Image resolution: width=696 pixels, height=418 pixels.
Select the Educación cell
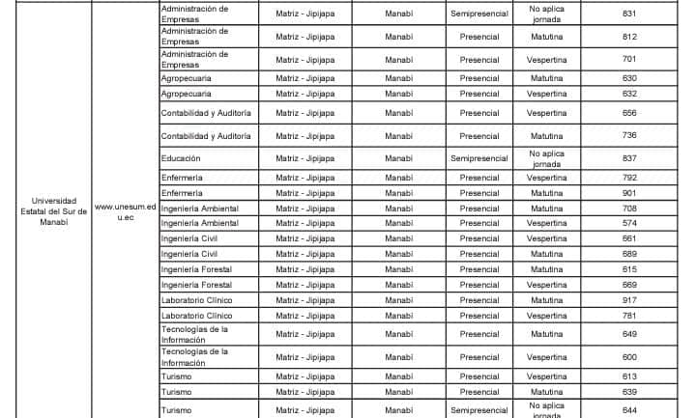[182, 157]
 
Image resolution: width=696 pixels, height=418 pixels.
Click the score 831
[629, 14]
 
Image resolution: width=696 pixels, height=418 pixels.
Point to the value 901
[629, 193]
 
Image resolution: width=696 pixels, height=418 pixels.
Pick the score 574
[629, 223]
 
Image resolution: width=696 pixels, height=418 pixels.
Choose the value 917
[629, 300]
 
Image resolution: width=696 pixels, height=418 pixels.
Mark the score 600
[629, 357]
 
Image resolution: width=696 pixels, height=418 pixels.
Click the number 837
[629, 157]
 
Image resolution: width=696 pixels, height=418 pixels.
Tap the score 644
[629, 409]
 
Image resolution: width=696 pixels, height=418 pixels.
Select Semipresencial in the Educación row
[479, 157]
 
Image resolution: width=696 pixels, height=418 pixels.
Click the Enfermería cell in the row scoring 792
[182, 178]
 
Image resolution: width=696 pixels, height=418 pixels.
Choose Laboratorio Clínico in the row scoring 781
[196, 316]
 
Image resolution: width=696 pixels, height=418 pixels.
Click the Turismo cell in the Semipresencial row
[176, 409]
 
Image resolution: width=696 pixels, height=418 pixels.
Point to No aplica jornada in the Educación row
[546, 157]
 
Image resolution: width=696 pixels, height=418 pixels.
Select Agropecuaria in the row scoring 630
[186, 78]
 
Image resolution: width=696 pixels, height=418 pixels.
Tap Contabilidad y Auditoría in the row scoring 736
[205, 136]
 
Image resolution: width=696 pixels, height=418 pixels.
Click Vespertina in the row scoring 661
[546, 238]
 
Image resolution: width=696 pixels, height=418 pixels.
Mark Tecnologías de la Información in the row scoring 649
[194, 334]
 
